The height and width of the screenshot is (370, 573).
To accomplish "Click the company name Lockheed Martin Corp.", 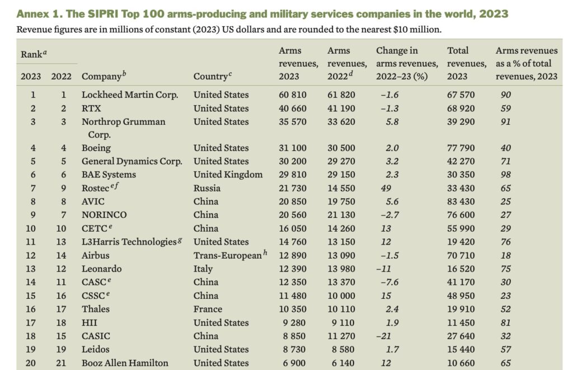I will (130, 95).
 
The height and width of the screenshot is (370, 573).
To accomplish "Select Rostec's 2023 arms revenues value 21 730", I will (293, 188).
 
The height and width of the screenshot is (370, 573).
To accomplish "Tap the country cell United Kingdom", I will (228, 175).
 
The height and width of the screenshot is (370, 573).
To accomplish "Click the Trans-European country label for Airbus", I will (227, 255).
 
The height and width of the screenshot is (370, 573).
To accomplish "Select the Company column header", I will (101, 77).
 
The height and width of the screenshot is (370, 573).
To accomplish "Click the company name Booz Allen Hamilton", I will (125, 363).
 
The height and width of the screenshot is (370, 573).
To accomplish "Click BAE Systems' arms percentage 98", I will (506, 175).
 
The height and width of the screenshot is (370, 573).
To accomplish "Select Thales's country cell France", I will (208, 309).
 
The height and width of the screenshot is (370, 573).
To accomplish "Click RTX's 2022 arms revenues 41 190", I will (341, 108).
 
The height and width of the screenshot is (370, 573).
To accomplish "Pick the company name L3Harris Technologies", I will (129, 242).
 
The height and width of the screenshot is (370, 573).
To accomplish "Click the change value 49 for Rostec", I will (387, 188).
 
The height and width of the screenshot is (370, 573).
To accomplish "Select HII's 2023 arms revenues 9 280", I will (294, 322).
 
